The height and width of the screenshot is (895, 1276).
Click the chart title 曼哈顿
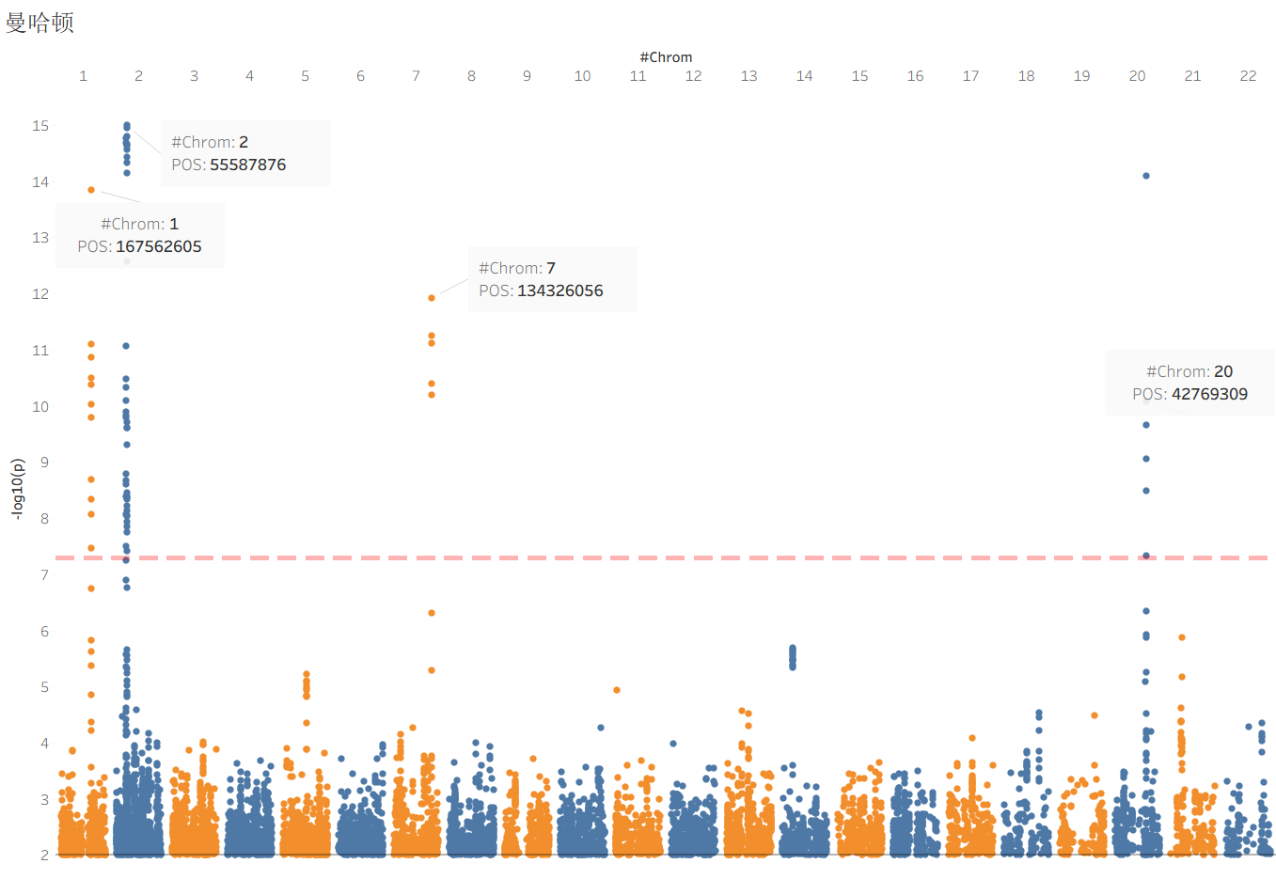pyautogui.click(x=39, y=23)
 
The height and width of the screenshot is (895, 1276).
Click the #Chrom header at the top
pyautogui.click(x=666, y=57)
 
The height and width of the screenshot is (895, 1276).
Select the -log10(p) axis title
pyautogui.click(x=18, y=489)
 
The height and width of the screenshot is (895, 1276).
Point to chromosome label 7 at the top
pyautogui.click(x=416, y=76)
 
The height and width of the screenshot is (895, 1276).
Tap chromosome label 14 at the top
pyautogui.click(x=804, y=76)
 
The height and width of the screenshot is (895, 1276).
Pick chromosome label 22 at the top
pyautogui.click(x=1248, y=76)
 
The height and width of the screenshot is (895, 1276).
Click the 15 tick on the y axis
pyautogui.click(x=40, y=126)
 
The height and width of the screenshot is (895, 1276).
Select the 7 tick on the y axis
pyautogui.click(x=43, y=574)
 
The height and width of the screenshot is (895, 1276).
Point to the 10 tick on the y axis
pyautogui.click(x=40, y=406)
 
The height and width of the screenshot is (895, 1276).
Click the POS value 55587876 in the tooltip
pyautogui.click(x=247, y=165)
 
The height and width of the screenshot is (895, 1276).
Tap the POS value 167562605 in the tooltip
pyautogui.click(x=158, y=246)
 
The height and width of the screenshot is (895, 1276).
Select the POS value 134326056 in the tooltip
pyautogui.click(x=559, y=290)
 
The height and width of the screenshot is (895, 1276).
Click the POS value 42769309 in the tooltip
pyautogui.click(x=1209, y=394)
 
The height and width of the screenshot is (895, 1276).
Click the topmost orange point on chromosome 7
pyautogui.click(x=432, y=298)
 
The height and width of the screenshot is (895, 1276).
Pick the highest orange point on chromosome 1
pyautogui.click(x=91, y=190)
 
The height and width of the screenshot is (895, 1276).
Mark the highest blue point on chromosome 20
pyautogui.click(x=1145, y=176)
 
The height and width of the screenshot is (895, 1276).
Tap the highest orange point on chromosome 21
pyautogui.click(x=1181, y=637)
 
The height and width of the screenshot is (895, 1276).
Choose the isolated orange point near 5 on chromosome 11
pyautogui.click(x=617, y=690)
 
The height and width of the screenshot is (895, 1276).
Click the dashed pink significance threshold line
pyautogui.click(x=658, y=558)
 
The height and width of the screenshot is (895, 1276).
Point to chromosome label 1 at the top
pyautogui.click(x=83, y=76)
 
